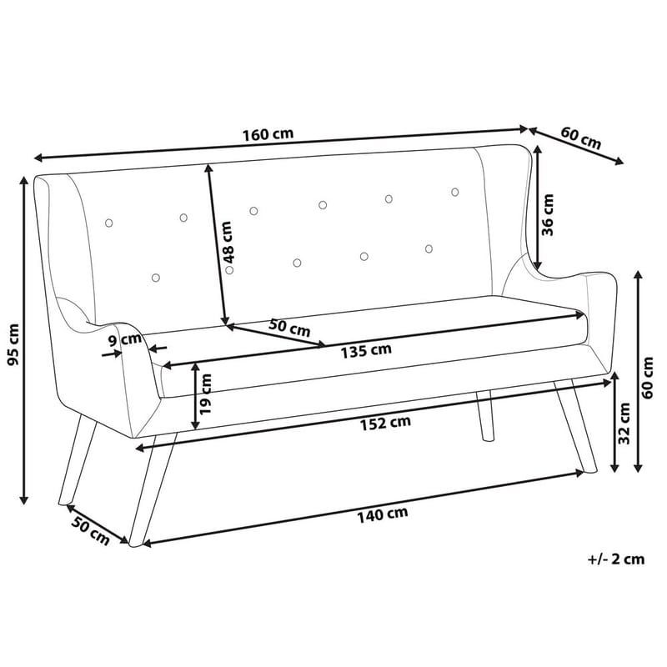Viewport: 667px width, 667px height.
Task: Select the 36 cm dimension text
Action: click(x=548, y=215)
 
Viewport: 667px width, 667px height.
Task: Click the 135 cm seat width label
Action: click(x=365, y=350)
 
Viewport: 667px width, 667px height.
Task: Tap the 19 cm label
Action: click(x=206, y=394)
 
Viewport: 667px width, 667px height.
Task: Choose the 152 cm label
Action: click(x=386, y=423)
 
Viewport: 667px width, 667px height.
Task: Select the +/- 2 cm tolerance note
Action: click(x=615, y=559)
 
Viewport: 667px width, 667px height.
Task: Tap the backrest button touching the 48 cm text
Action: click(x=230, y=269)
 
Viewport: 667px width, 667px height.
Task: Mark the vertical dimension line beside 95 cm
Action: click(x=24, y=342)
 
